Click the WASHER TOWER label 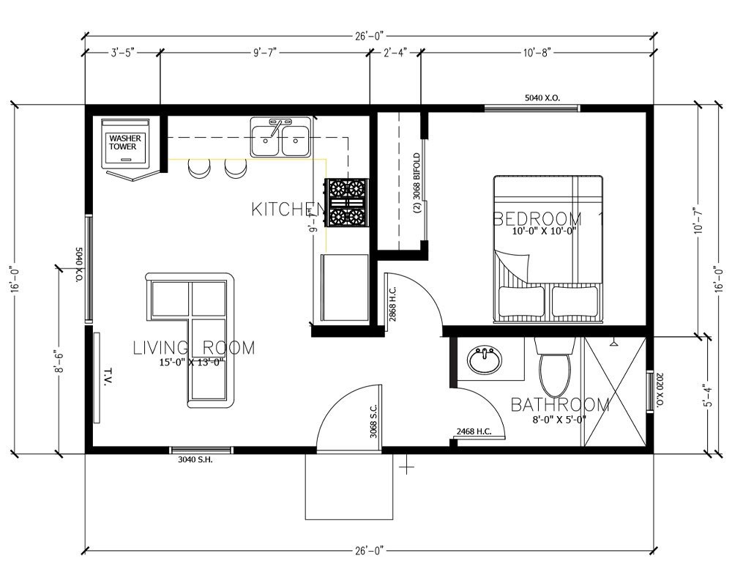(x=125, y=143)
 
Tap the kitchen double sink (x=280, y=137)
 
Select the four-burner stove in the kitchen (x=347, y=203)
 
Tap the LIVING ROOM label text (x=194, y=348)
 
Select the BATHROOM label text (x=560, y=404)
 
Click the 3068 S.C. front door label (x=373, y=422)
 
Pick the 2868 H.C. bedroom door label (x=392, y=304)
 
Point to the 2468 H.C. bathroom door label (x=474, y=431)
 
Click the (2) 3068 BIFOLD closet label (x=417, y=183)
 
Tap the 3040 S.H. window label (x=195, y=460)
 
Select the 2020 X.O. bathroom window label (x=660, y=390)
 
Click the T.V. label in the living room (x=108, y=377)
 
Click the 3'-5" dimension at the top (x=123, y=52)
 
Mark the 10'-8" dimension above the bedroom (x=537, y=52)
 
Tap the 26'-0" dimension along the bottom (x=369, y=551)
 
